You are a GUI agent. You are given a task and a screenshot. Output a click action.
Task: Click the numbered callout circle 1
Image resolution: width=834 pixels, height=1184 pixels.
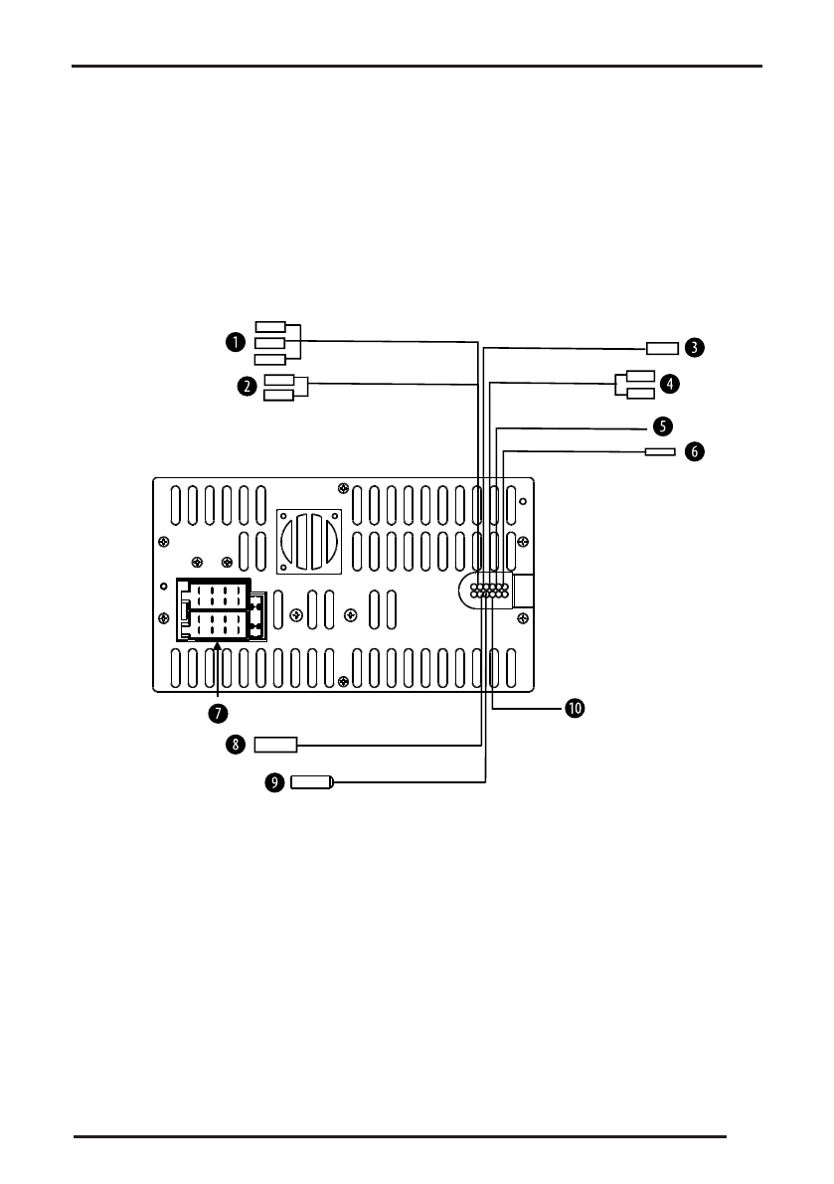tap(236, 342)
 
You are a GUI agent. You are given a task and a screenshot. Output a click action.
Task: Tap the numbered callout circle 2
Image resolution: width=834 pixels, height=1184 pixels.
tap(247, 387)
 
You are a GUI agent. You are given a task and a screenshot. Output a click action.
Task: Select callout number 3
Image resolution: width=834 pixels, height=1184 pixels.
tap(695, 347)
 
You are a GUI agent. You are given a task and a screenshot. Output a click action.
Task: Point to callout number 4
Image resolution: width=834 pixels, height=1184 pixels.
tap(669, 384)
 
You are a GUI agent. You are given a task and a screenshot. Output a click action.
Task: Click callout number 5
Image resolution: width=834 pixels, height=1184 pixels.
tap(662, 425)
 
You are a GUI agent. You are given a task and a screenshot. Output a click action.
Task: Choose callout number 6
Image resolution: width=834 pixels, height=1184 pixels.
tap(695, 451)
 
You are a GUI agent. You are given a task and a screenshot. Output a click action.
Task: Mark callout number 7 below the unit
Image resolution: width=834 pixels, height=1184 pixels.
tap(218, 713)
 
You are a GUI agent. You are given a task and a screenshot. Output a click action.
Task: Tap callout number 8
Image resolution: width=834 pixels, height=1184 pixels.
tap(236, 745)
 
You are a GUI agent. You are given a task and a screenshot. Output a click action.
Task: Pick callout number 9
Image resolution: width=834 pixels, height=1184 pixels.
tap(274, 782)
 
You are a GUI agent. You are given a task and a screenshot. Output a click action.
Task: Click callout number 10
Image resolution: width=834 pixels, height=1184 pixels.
tap(575, 708)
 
